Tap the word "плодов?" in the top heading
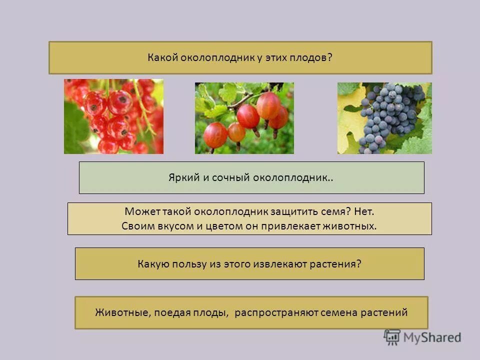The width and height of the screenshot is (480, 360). (314, 58)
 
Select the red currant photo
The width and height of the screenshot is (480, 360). (113, 116)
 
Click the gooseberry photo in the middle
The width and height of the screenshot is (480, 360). (244, 118)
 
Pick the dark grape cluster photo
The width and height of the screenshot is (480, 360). (384, 118)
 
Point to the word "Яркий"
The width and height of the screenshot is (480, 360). (182, 177)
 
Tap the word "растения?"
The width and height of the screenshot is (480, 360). (336, 263)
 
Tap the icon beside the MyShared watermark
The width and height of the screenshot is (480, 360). (392, 337)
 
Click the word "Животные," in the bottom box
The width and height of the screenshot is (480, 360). (122, 313)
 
